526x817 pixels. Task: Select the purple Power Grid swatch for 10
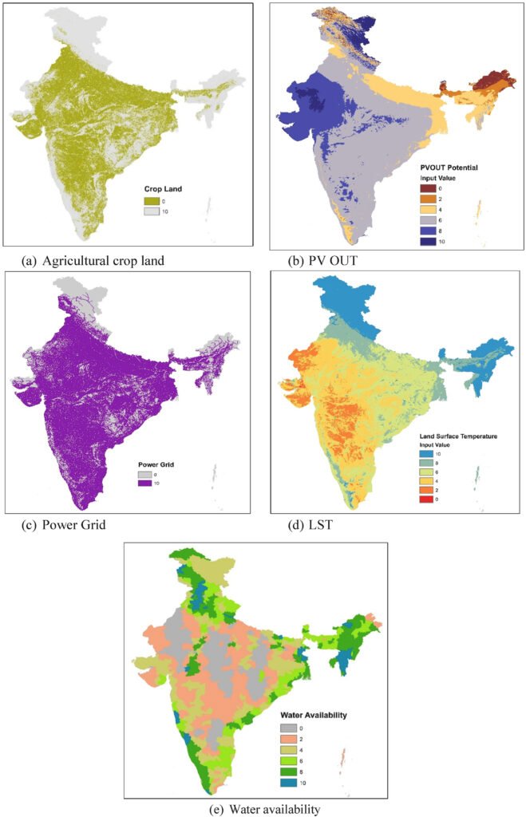pyautogui.click(x=145, y=482)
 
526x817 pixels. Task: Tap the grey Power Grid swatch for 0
pyautogui.click(x=145, y=472)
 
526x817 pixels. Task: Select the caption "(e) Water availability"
pyautogui.click(x=264, y=808)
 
